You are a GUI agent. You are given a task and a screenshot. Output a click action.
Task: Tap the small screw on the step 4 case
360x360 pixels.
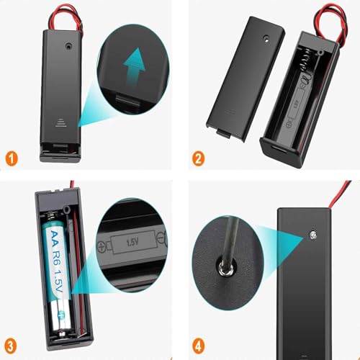[314, 235]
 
